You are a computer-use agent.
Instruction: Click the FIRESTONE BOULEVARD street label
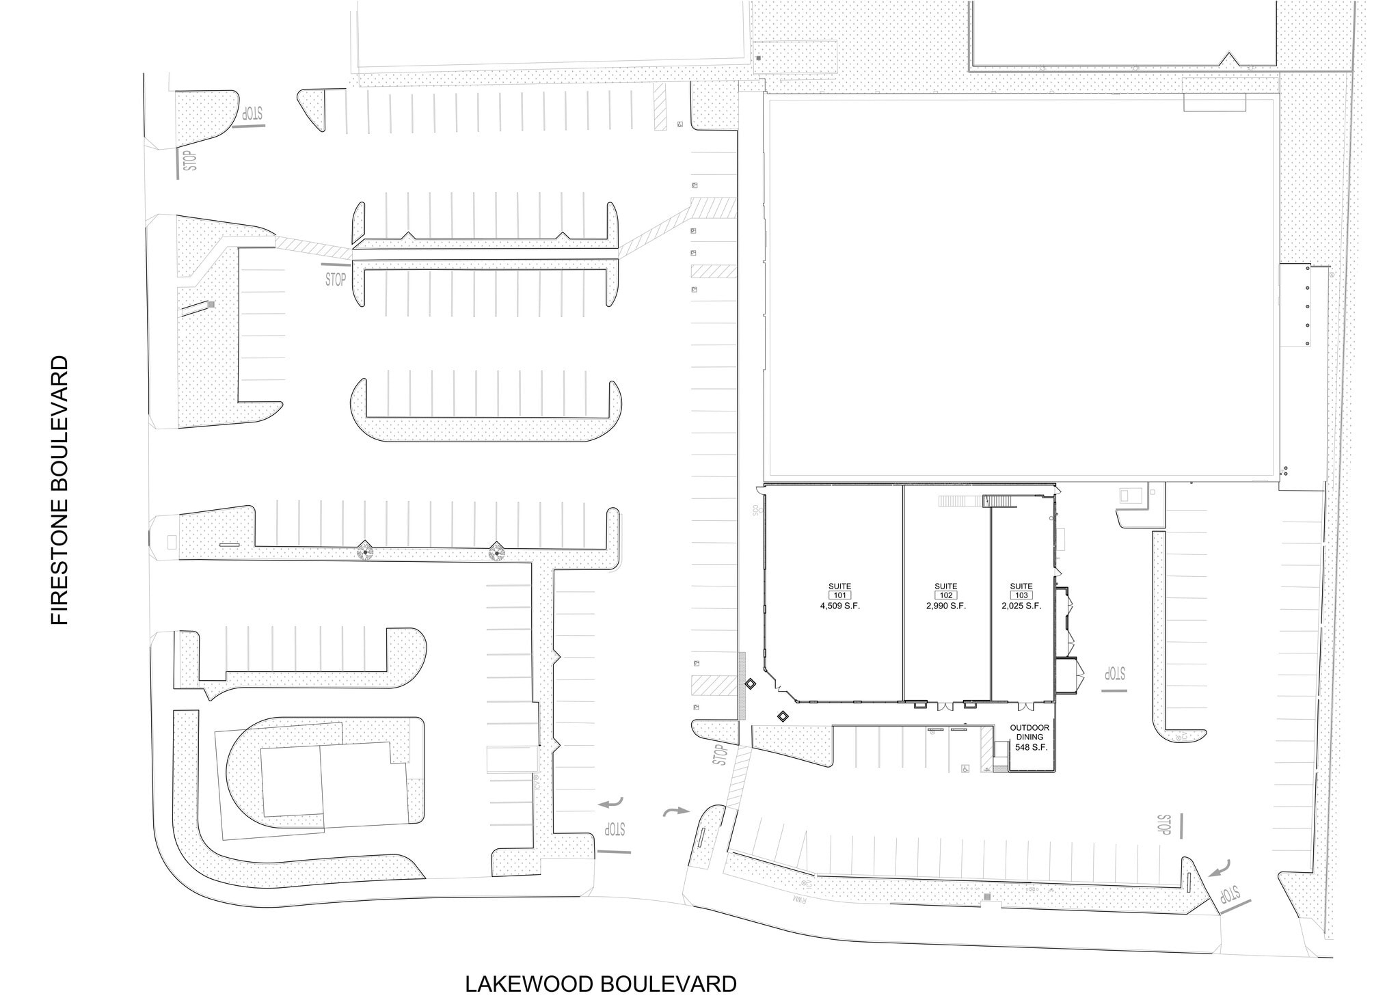[60, 489]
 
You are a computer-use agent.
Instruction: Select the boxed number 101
[839, 595]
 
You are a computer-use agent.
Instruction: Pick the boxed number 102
[945, 595]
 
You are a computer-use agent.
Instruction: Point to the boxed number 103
[1021, 595]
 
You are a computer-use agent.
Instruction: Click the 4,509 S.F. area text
[839, 606]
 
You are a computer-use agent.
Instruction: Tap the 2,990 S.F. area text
[945, 606]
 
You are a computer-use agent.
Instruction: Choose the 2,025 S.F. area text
[1021, 606]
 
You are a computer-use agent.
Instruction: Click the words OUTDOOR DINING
[1029, 732]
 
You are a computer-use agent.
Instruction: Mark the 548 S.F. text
[1031, 747]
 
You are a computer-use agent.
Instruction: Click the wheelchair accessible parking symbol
[965, 768]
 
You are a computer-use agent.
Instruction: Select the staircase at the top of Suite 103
[999, 502]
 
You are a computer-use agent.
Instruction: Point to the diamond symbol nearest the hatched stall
[750, 684]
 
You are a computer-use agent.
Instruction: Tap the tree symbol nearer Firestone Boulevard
[367, 551]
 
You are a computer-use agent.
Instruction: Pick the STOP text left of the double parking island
[335, 280]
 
